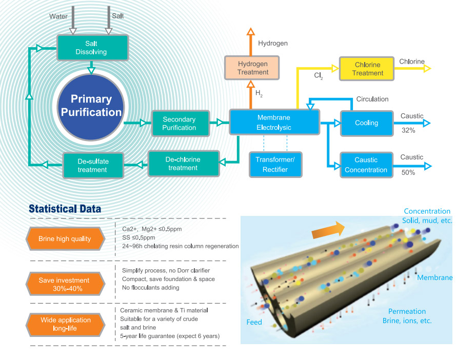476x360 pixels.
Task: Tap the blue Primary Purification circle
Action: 91,106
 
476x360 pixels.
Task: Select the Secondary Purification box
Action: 179,123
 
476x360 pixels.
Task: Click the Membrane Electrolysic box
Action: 273,122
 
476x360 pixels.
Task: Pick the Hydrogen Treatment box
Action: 253,68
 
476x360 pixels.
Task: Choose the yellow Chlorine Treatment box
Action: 368,69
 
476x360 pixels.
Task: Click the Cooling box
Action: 366,123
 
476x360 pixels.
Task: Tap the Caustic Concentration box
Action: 366,165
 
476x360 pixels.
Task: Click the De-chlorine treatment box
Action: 183,164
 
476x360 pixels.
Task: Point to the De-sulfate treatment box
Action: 93,165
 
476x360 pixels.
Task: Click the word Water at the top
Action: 58,16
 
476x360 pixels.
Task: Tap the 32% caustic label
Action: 408,131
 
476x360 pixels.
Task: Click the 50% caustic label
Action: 408,173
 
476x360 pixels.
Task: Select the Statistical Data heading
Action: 65,209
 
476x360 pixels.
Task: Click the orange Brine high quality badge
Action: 65,238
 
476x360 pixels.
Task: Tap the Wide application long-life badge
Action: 65,324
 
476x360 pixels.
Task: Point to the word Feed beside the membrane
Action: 254,322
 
